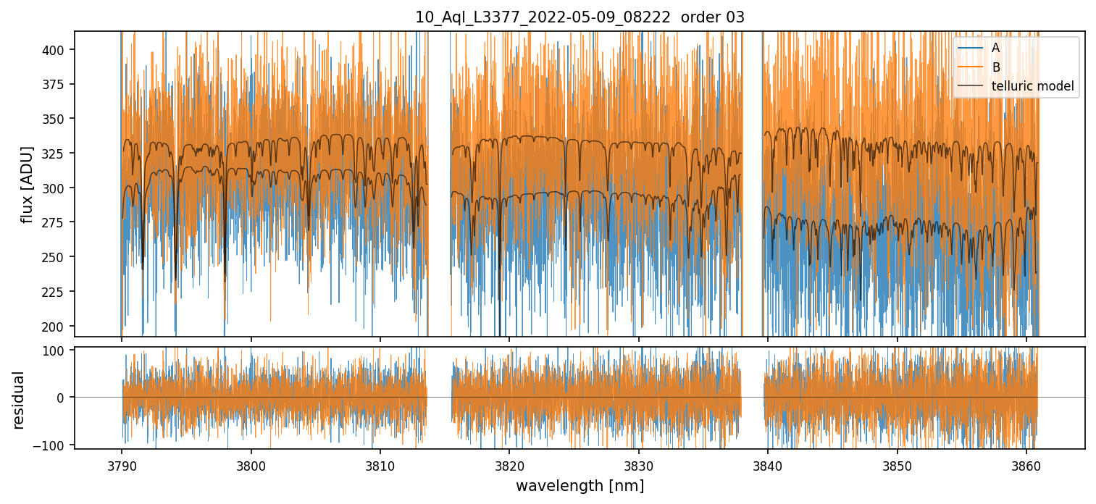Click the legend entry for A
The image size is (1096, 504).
pyautogui.click(x=995, y=48)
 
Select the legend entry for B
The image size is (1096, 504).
pyautogui.click(x=996, y=67)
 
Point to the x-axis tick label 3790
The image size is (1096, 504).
pyautogui.click(x=121, y=463)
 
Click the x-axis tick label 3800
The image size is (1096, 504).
pyautogui.click(x=251, y=463)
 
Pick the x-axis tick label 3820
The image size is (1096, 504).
pyautogui.click(x=509, y=463)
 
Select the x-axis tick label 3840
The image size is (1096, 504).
pyautogui.click(x=768, y=463)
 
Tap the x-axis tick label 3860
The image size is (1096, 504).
pyautogui.click(x=1026, y=463)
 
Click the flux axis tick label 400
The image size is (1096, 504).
pyautogui.click(x=57, y=50)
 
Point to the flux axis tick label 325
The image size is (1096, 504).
pyautogui.click(x=57, y=154)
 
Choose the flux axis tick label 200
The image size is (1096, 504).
pyautogui.click(x=57, y=327)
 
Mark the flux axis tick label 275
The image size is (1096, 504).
pyautogui.click(x=57, y=223)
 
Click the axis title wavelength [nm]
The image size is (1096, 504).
pyautogui.click(x=580, y=485)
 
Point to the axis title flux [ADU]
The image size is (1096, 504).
pyautogui.click(x=27, y=184)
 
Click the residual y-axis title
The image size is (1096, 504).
pyautogui.click(x=20, y=400)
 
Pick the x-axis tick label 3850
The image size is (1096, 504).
pyautogui.click(x=898, y=463)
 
